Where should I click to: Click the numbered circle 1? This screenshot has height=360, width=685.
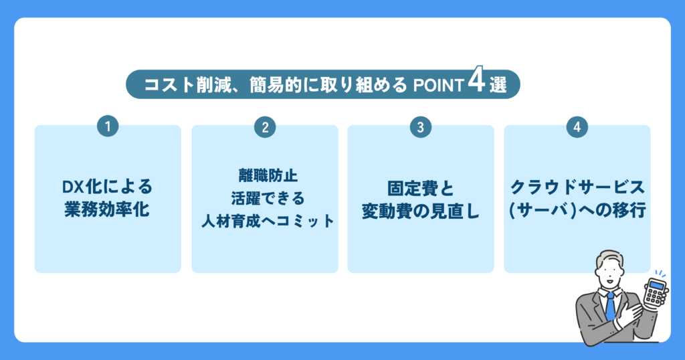(x=108, y=126)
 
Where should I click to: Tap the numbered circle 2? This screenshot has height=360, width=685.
(x=265, y=127)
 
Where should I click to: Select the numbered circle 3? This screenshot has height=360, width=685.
(x=421, y=127)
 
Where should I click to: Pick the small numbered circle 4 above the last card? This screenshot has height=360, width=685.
(x=577, y=127)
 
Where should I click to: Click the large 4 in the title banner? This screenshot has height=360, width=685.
(x=476, y=80)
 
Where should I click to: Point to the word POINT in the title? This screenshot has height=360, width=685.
(x=438, y=86)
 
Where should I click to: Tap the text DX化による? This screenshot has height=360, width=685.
(x=108, y=187)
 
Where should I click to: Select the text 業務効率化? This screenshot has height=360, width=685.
(x=108, y=210)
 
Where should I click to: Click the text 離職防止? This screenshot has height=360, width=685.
(x=268, y=175)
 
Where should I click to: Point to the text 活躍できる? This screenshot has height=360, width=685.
(x=268, y=198)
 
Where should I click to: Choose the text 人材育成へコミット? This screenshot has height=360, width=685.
(x=268, y=221)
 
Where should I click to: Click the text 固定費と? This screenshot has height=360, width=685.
(x=420, y=188)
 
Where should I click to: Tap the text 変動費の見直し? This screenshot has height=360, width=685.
(x=420, y=211)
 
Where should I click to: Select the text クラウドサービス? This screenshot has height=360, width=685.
(x=577, y=187)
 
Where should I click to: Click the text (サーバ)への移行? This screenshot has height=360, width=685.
(x=577, y=210)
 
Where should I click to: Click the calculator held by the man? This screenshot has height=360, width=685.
(x=655, y=292)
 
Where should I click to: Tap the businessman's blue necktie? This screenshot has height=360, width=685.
(x=610, y=306)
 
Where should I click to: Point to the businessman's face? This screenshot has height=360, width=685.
(x=610, y=269)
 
